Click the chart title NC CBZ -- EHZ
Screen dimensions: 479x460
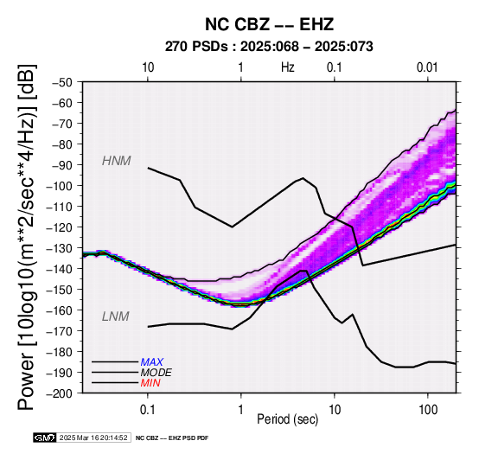tap(269, 24)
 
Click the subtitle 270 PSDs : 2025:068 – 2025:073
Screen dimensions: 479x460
tap(269, 47)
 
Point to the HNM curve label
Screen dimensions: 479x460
tap(117, 161)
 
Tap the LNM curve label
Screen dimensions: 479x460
tap(116, 316)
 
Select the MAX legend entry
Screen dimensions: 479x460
tap(152, 362)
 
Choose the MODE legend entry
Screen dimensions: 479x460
tap(156, 373)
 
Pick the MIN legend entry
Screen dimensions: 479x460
tap(150, 383)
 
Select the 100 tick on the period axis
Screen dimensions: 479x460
tap(428, 410)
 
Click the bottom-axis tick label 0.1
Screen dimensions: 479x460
tap(148, 410)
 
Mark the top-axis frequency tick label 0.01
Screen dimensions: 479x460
tap(427, 67)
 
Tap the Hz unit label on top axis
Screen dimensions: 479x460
tap(288, 67)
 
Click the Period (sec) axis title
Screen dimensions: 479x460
tap(288, 419)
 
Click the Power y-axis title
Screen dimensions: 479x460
tap(27, 237)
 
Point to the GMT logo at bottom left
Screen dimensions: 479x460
tap(45, 438)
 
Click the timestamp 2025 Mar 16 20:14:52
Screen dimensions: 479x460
tap(93, 438)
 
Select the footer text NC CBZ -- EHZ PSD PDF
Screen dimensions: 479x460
tap(172, 438)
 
